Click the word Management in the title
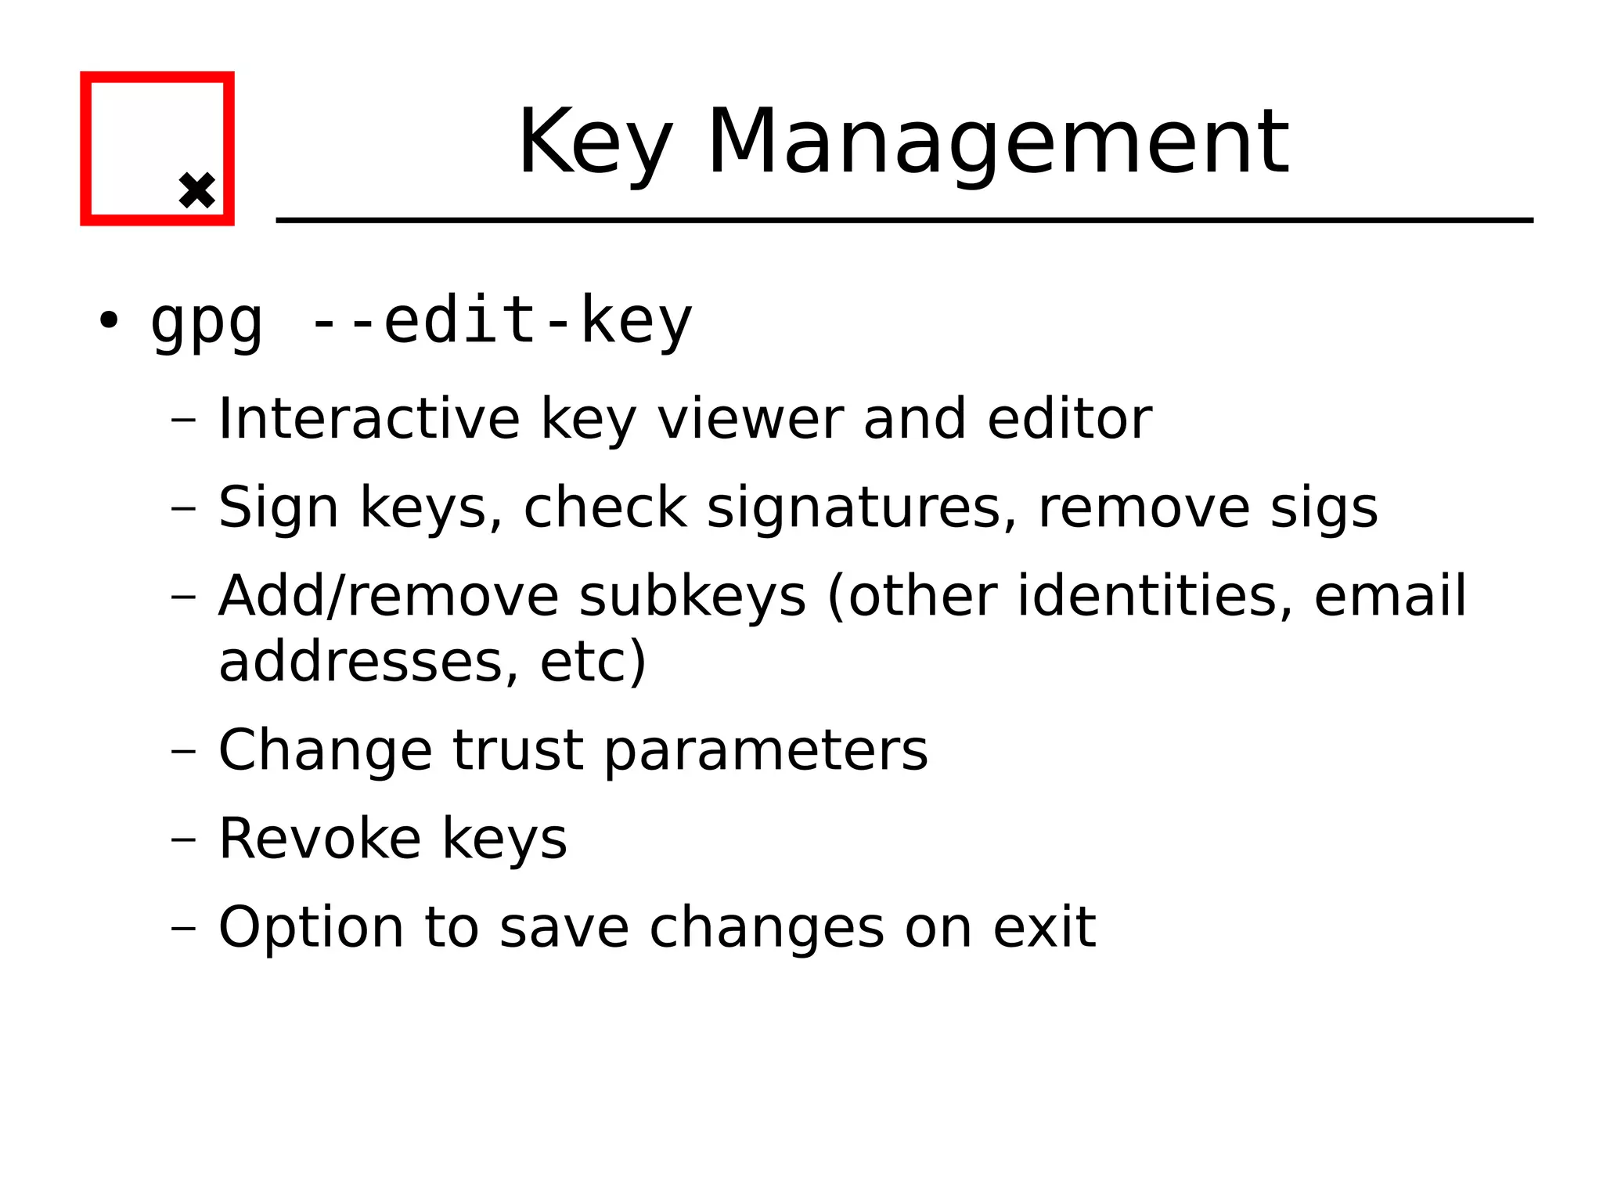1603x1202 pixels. (x=998, y=143)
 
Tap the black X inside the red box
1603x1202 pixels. (x=196, y=190)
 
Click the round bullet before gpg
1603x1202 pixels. (x=108, y=320)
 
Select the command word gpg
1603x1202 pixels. (x=206, y=322)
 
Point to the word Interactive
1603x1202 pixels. (x=369, y=419)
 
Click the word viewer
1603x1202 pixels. (x=750, y=419)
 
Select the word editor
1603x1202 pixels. (x=1069, y=419)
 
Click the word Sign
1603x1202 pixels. (x=278, y=508)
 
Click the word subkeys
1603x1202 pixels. (x=692, y=597)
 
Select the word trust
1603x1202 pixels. (x=517, y=750)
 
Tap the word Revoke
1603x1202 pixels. (x=319, y=839)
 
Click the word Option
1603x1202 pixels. (x=311, y=928)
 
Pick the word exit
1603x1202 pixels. (x=1044, y=927)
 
